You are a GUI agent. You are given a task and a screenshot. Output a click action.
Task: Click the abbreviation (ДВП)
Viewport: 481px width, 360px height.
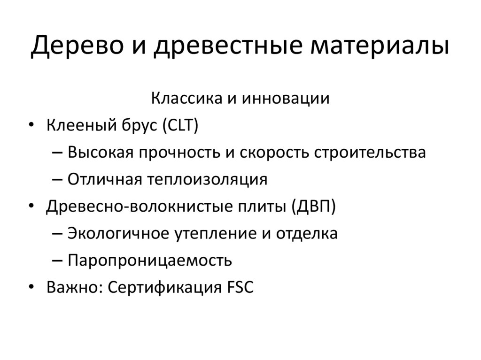313,207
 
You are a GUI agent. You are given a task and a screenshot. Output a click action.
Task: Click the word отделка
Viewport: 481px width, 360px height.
307,234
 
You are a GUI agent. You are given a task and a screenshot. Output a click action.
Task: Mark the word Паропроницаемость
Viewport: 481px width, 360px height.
150,260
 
